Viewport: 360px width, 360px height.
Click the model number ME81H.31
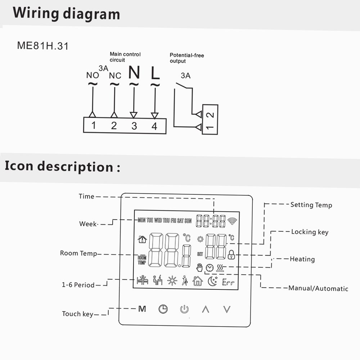42,46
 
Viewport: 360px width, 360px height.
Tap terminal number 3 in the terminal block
134,126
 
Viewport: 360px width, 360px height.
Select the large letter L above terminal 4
155,73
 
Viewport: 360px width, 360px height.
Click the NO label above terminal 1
93,76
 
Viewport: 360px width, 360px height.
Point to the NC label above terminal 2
115,76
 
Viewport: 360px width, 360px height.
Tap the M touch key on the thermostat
142,309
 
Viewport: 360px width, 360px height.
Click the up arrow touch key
206,309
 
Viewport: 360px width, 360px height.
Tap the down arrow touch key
226,309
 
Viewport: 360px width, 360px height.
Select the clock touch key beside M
163,309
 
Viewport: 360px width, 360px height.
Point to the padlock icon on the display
231,255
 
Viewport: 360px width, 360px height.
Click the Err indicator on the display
228,283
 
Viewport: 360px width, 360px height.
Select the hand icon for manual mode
199,267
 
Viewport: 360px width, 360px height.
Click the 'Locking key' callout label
310,232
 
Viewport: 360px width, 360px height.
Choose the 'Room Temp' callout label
78,253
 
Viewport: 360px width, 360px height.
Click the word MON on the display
141,221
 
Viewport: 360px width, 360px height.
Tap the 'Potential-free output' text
187,58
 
